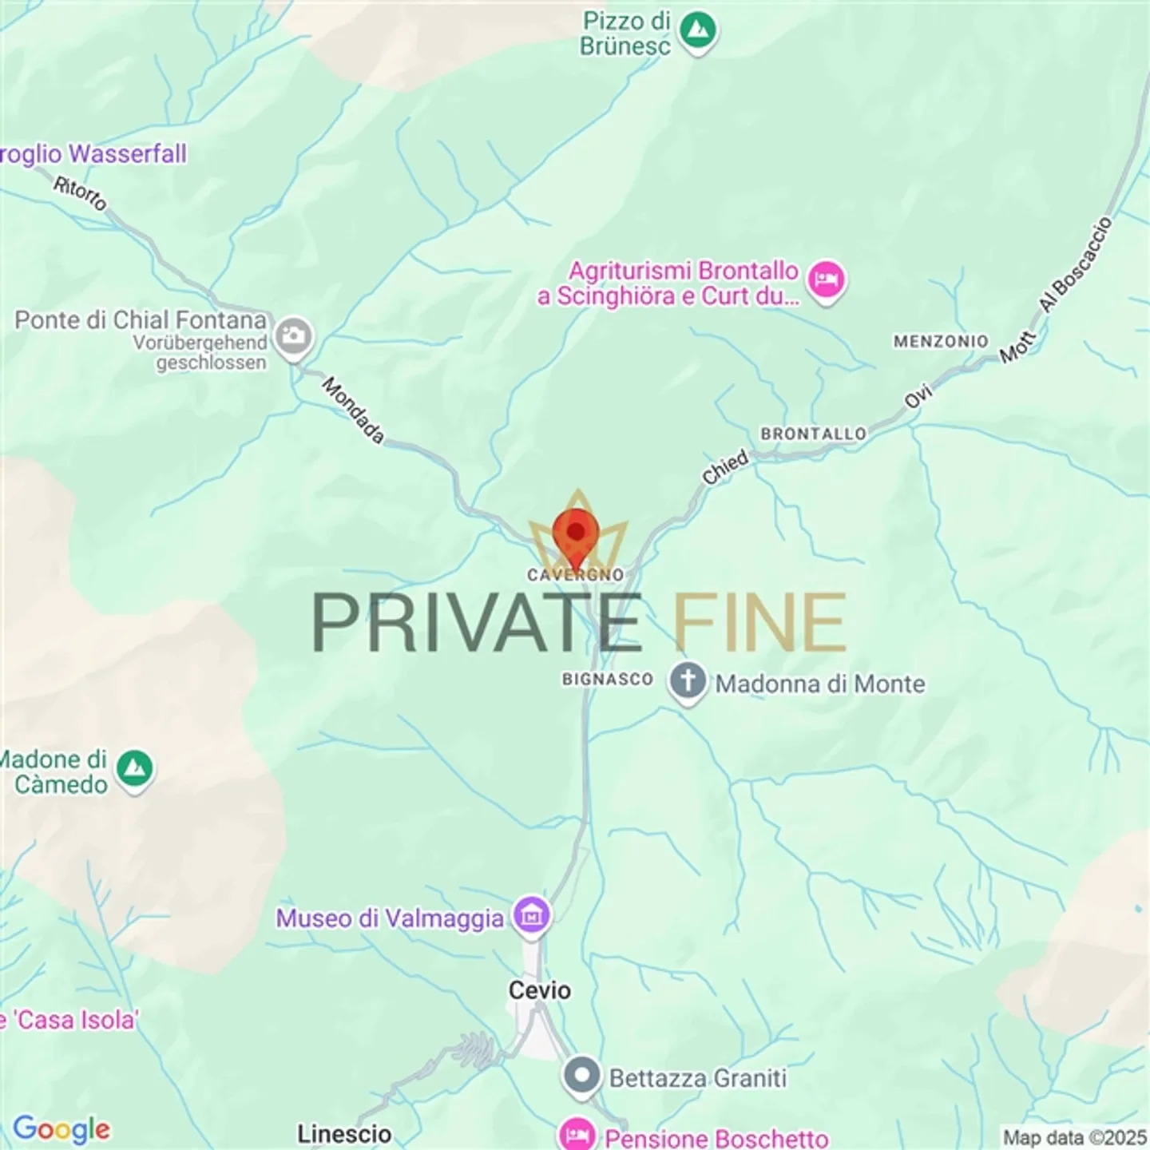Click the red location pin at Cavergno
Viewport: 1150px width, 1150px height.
(575, 533)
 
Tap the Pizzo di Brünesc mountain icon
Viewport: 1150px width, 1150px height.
(698, 31)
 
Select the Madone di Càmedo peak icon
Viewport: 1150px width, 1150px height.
(135, 769)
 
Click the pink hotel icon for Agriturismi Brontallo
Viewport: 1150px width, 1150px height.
(826, 280)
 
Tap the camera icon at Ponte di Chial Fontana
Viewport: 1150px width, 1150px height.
(293, 336)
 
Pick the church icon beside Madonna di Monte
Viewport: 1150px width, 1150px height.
(688, 682)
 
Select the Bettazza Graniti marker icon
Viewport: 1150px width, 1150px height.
(582, 1076)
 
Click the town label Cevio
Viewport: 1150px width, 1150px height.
(540, 990)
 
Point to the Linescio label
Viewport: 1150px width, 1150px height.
(344, 1134)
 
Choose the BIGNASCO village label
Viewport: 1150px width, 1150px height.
(607, 679)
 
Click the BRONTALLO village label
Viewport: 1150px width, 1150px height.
(813, 434)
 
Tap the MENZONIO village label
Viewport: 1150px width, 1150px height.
(940, 341)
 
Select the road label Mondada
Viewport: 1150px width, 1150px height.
(353, 410)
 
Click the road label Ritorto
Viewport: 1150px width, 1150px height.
(80, 193)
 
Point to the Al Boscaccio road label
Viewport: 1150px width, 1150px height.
(1075, 264)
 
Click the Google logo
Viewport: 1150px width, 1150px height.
(61, 1128)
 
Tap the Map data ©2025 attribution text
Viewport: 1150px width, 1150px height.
(1074, 1136)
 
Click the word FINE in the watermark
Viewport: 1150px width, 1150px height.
(759, 623)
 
